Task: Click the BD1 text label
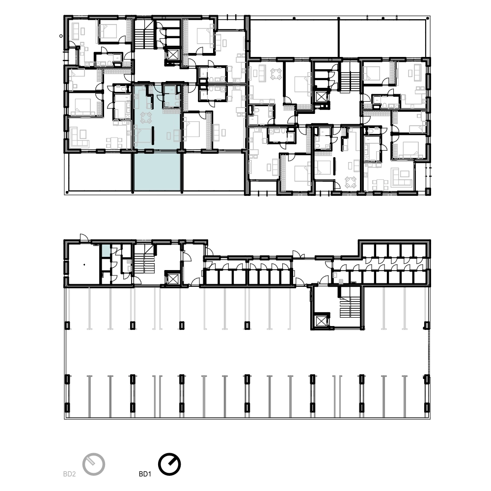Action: coord(145,474)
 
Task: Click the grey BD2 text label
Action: coord(70,474)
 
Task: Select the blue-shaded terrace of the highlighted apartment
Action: coord(157,171)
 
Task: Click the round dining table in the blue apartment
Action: coord(146,118)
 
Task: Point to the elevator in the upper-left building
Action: coord(173,55)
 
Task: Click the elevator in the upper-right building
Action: coord(321,97)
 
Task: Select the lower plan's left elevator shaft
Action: coord(172,278)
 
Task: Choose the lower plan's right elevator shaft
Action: coord(321,321)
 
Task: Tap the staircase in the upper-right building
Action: coord(350,81)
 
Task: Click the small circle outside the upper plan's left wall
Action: coord(61,36)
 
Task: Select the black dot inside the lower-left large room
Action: coord(84,265)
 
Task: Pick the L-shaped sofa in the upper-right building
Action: coord(401,177)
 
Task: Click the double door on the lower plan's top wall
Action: coord(299,254)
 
